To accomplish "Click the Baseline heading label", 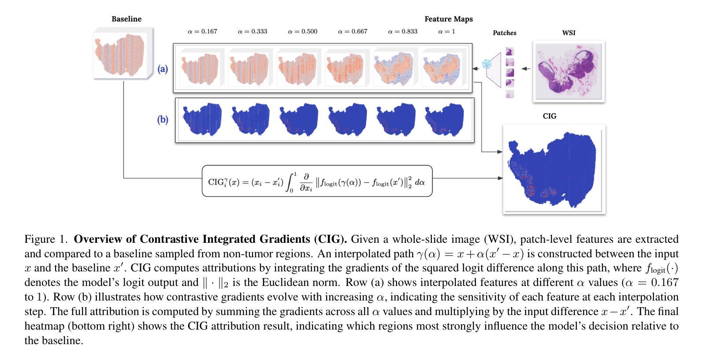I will click(126, 19).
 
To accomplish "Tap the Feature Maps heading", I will click(448, 19).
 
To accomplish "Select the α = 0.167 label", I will click(202, 31).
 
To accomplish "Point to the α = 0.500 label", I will click(302, 31).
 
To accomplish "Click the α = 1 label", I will click(446, 31).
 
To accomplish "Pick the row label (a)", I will click(163, 69).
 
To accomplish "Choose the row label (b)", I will click(163, 119).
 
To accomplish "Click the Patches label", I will click(504, 33).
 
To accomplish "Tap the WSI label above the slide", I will click(569, 33).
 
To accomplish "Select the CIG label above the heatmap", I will click(549, 116).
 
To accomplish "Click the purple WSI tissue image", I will click(569, 71).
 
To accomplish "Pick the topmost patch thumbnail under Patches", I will click(510, 52).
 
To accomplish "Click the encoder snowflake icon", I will click(487, 64).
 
